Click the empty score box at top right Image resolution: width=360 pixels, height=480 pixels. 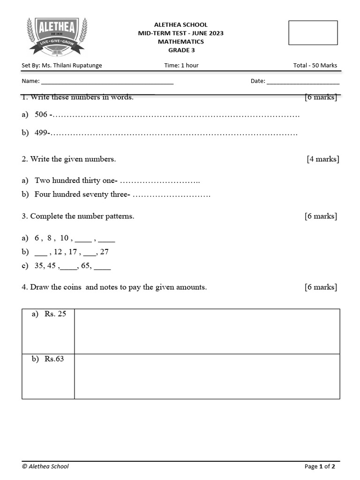(x=313, y=33)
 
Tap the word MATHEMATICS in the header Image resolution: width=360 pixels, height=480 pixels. (x=180, y=42)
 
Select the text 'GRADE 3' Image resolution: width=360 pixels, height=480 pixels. (x=180, y=50)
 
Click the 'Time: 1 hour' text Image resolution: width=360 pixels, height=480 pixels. (x=181, y=66)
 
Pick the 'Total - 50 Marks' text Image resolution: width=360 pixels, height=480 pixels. (x=315, y=66)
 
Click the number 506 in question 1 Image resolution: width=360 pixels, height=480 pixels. (x=41, y=114)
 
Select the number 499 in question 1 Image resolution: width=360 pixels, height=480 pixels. (x=41, y=133)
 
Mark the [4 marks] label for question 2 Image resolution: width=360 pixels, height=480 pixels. (x=322, y=159)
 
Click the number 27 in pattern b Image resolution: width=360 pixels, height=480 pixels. (x=104, y=252)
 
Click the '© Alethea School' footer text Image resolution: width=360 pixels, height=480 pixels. (x=45, y=466)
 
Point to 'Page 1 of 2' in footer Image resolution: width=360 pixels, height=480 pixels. (x=320, y=466)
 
